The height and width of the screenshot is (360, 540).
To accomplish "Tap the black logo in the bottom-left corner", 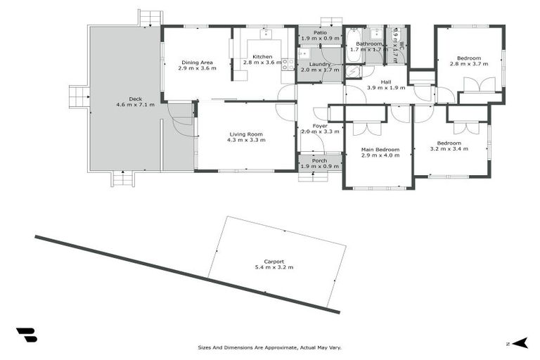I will coord(26,335).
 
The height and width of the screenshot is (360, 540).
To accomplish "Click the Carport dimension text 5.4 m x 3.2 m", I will coord(274,267).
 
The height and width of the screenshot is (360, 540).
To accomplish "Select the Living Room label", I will coord(245,134).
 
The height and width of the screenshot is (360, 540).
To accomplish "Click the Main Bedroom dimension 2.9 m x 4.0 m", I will coord(380,155).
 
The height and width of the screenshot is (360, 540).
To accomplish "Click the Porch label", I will coord(320,160).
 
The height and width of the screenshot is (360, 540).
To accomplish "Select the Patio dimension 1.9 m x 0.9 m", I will coord(320,38).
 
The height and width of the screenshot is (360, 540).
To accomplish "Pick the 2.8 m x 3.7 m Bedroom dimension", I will coord(468,64).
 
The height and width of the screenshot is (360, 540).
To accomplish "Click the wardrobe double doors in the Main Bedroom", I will coord(366,129).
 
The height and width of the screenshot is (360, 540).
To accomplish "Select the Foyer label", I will coord(320,126).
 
